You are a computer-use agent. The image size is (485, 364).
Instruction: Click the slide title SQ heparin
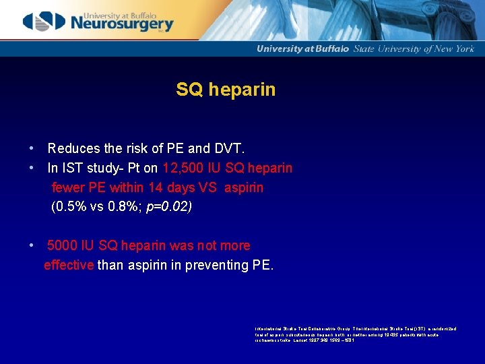pos(226,89)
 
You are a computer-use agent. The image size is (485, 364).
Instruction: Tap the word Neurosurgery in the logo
pos(121,25)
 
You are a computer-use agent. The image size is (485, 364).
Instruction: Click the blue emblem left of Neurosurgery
pos(44,22)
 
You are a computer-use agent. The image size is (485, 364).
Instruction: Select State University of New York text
pos(414,49)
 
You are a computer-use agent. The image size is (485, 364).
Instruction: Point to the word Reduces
pos(72,148)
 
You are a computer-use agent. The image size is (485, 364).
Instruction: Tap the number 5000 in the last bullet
pos(62,245)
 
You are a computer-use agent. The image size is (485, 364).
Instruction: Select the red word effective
pos(69,265)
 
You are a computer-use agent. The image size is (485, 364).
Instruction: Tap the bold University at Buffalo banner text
pos(303,49)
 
